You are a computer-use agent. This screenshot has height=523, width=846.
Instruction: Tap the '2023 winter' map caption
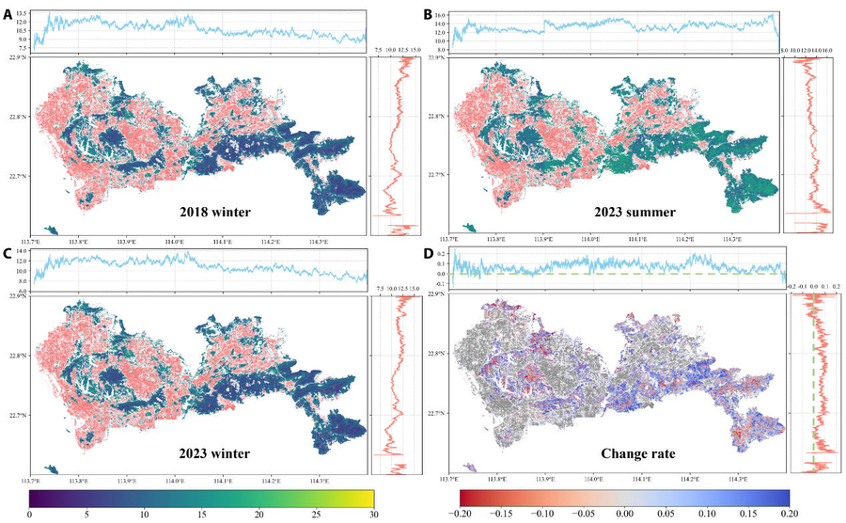pos(214,453)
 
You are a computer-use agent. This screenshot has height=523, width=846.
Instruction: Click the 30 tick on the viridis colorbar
pos(373,514)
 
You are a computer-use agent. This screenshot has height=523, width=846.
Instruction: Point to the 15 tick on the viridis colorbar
pos(201,514)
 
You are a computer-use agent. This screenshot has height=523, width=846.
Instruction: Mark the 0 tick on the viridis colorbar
pos(30,514)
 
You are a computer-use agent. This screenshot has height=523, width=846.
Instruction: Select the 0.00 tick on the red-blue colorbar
pos(624,514)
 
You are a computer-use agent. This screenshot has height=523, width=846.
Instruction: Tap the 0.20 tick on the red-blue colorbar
pos(789,514)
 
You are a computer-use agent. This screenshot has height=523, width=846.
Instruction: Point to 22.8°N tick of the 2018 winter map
pos(18,117)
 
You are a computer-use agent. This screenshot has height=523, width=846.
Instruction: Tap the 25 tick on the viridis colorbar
pos(316,514)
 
